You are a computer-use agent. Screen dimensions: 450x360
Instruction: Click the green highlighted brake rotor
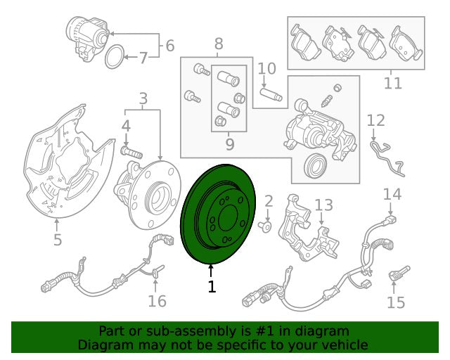tap(218, 214)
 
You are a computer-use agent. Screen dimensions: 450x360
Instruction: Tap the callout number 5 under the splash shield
tap(58, 240)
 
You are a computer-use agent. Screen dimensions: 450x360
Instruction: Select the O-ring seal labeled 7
tap(115, 56)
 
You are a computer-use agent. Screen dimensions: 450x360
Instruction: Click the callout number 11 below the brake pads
tap(393, 83)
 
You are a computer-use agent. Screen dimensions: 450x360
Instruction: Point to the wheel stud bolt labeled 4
tap(131, 152)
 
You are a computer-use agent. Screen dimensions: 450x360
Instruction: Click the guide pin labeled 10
tap(271, 95)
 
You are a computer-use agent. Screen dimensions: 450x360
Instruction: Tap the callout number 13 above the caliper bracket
tap(323, 205)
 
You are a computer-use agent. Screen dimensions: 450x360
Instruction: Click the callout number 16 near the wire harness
tap(157, 301)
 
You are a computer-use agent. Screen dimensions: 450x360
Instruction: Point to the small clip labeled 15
tap(399, 274)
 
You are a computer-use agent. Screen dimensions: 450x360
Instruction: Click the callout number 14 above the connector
tap(392, 194)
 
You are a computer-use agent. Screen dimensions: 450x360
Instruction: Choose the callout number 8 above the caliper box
tap(219, 44)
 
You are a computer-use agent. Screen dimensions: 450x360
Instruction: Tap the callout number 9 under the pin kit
tap(230, 144)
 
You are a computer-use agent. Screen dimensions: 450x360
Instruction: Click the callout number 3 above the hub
tap(143, 98)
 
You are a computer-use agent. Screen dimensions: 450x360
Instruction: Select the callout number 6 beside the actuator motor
tap(170, 46)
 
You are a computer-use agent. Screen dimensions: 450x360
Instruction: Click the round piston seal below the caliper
tap(315, 166)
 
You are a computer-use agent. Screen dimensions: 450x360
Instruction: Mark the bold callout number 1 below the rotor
tap(212, 286)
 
